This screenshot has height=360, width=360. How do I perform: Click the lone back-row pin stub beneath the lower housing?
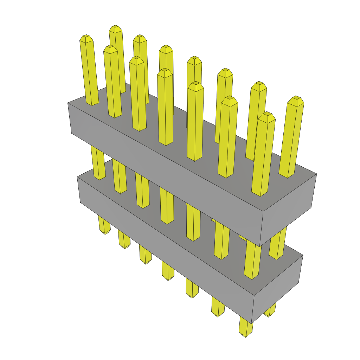(270, 313)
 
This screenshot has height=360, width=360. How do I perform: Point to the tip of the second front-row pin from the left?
(110, 48)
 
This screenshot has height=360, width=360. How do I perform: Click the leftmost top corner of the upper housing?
(68, 103)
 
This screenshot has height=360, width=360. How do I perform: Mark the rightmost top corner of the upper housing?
(316, 174)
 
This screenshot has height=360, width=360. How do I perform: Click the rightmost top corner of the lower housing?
(303, 255)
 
